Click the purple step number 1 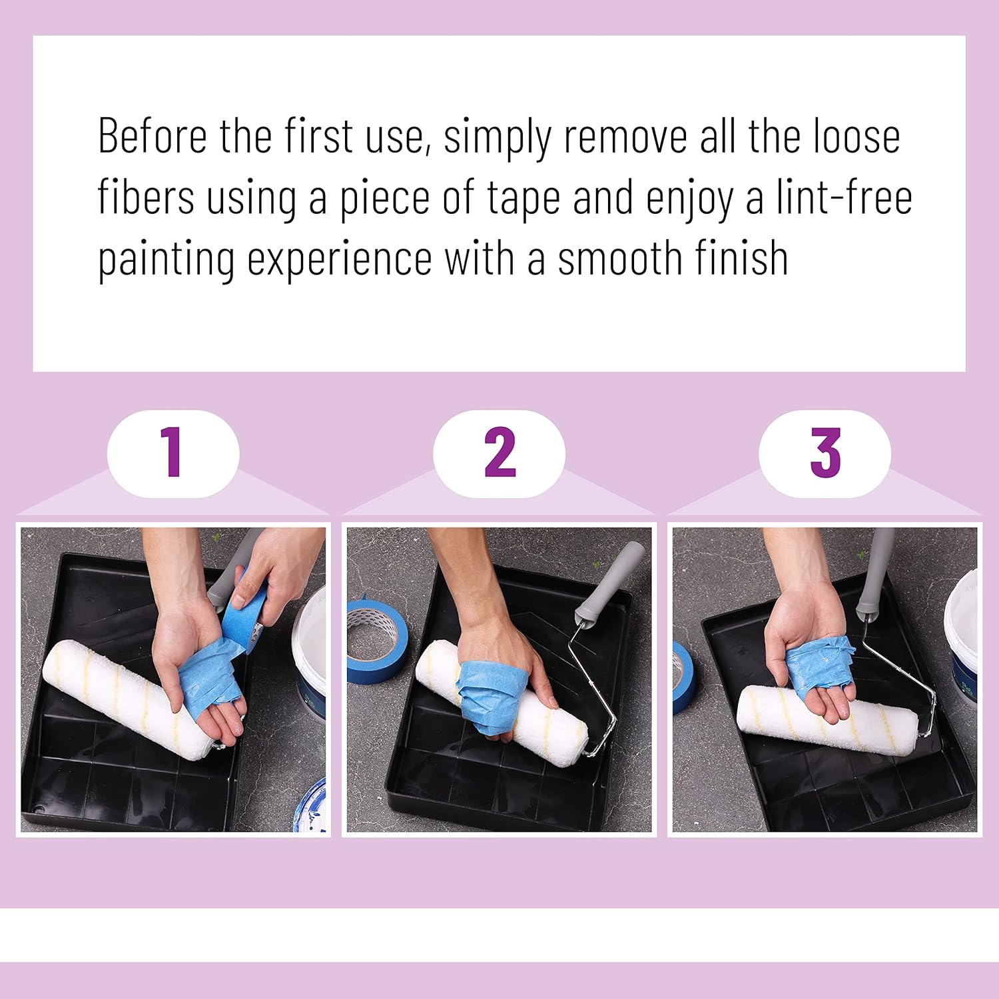click(172, 452)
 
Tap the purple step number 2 click(499, 452)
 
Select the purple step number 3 click(825, 452)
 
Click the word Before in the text click(153, 136)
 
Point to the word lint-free click(844, 198)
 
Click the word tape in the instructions click(523, 198)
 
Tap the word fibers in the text click(146, 198)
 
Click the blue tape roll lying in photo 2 click(376, 639)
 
